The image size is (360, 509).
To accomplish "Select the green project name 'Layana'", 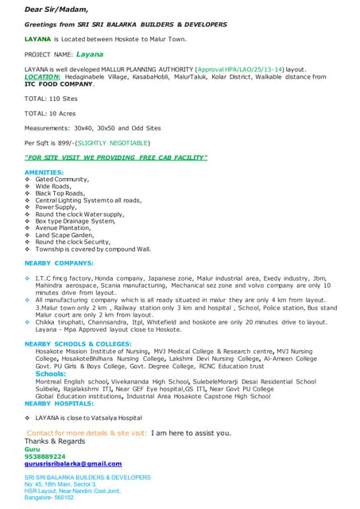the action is [89, 55].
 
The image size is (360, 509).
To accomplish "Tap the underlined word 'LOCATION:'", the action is [45, 77].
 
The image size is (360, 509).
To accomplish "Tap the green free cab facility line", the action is [116, 157].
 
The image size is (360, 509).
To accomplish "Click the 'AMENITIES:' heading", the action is [45, 173].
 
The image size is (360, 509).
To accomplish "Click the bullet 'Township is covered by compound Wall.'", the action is [92, 249].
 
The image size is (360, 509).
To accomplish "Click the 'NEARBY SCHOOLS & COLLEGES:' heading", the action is [78, 344].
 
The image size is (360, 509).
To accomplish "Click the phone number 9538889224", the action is [45, 457].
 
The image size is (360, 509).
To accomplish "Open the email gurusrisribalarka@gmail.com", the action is [73, 464].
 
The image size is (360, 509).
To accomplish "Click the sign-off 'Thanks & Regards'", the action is [54, 441].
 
